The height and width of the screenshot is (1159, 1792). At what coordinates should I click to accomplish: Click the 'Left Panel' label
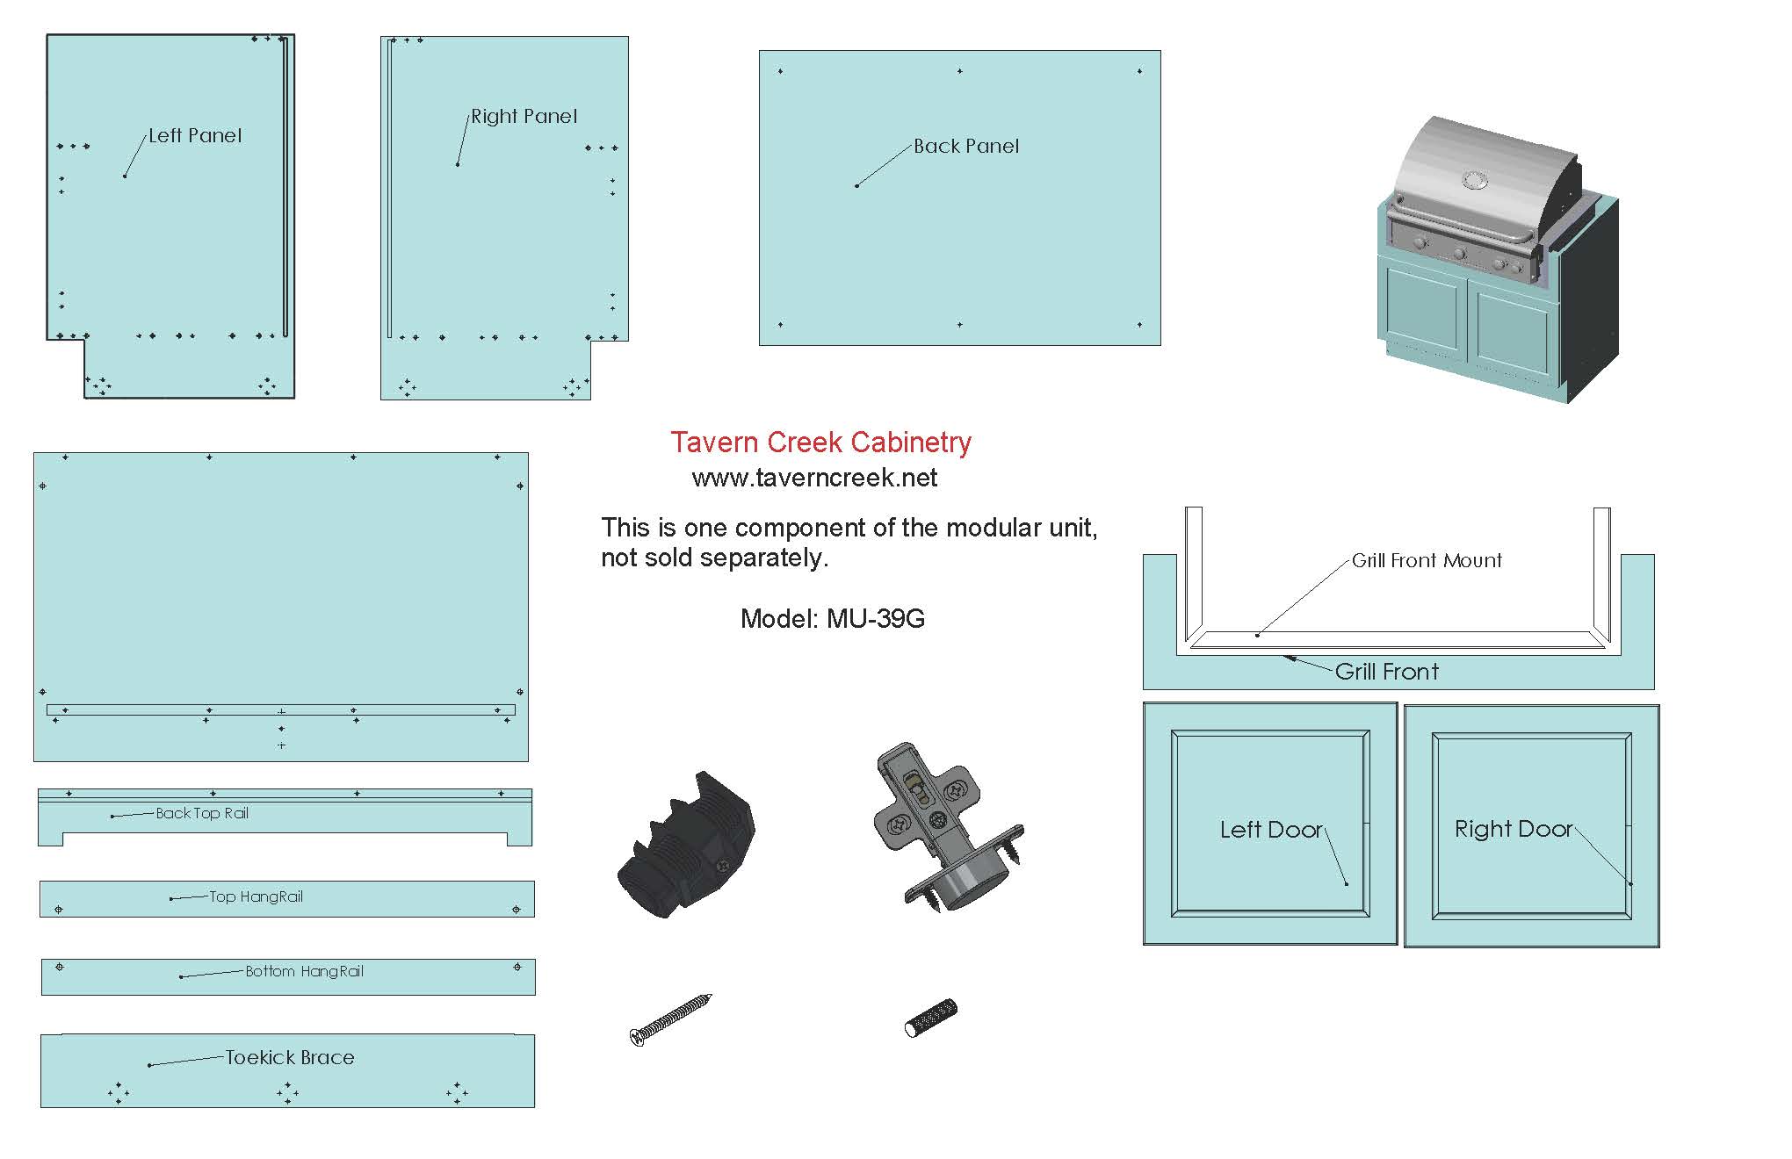coord(194,136)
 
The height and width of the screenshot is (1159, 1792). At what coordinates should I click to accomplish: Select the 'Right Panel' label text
coord(524,117)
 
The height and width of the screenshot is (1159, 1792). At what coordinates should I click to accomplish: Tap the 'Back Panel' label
coord(965,147)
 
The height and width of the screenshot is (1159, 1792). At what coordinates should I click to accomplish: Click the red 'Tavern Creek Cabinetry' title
coord(820,443)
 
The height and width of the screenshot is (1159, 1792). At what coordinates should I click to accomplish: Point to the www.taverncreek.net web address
coord(814,479)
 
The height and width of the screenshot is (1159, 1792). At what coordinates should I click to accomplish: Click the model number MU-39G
coord(832,619)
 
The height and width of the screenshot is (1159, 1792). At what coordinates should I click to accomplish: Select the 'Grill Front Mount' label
coord(1426,561)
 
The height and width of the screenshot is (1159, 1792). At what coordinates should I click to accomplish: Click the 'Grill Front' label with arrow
coord(1386,673)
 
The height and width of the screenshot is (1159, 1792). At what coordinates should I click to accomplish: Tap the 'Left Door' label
coord(1270,830)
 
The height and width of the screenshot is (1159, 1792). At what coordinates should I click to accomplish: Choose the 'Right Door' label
coord(1513,829)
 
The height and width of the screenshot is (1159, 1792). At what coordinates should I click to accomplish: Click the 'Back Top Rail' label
coord(202,814)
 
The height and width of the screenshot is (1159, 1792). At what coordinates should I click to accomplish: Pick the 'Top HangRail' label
coord(256,897)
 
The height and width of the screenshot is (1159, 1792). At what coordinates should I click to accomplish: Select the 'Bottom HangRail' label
coord(304,972)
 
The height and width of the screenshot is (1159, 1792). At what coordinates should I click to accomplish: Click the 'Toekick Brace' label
coord(290,1058)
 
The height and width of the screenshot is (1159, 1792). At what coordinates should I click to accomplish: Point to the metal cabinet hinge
coord(944,825)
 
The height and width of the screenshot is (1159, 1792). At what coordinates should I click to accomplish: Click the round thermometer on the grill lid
coord(1475,181)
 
